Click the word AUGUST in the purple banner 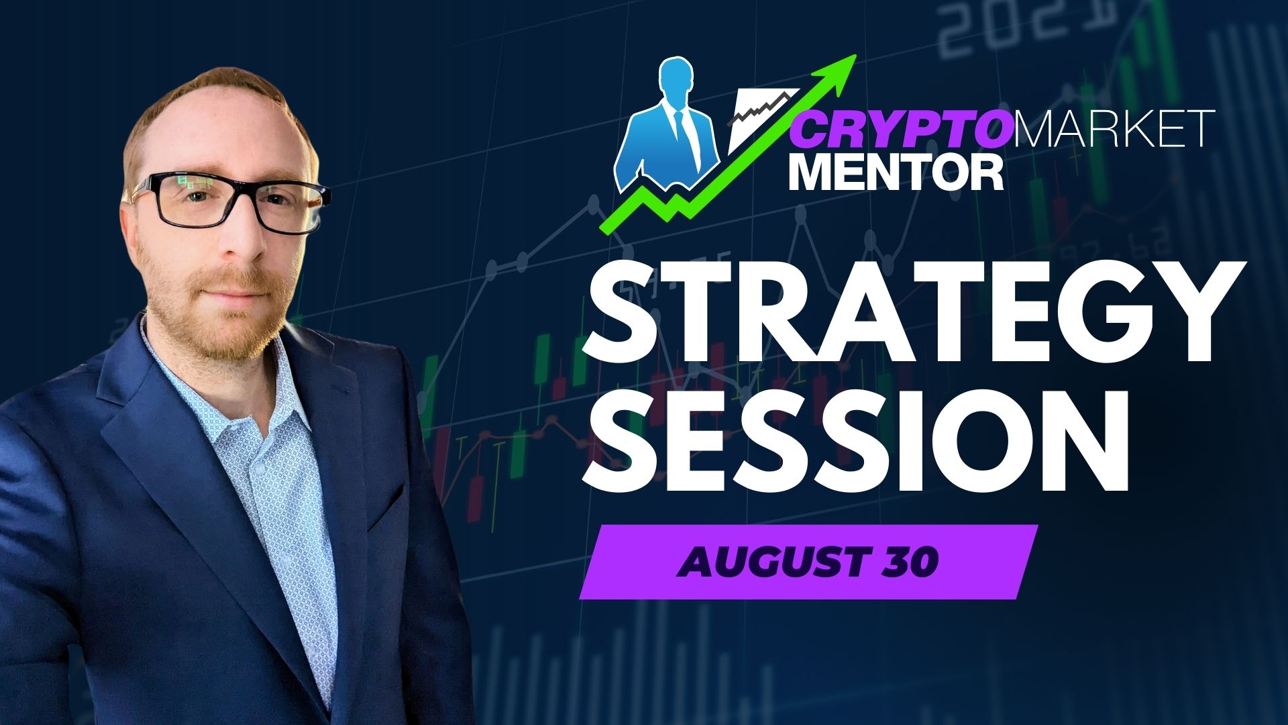tap(765, 562)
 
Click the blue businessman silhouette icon tap(668, 128)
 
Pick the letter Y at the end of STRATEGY tap(1191, 313)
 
